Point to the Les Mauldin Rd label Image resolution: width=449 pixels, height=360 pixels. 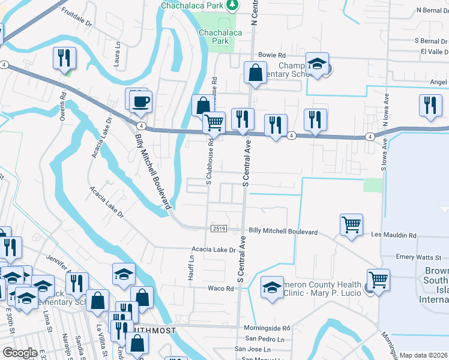tap(394, 236)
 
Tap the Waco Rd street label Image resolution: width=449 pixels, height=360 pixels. tap(221, 289)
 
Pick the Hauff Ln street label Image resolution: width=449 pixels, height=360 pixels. tap(193, 263)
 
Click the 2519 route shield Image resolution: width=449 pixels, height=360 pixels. tap(218, 229)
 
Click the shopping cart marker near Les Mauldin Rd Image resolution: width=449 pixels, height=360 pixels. tap(351, 225)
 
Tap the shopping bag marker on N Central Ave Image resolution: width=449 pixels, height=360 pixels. tap(255, 73)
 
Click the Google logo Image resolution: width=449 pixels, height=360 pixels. tap(20, 353)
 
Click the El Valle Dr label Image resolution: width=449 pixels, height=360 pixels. tap(429, 52)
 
